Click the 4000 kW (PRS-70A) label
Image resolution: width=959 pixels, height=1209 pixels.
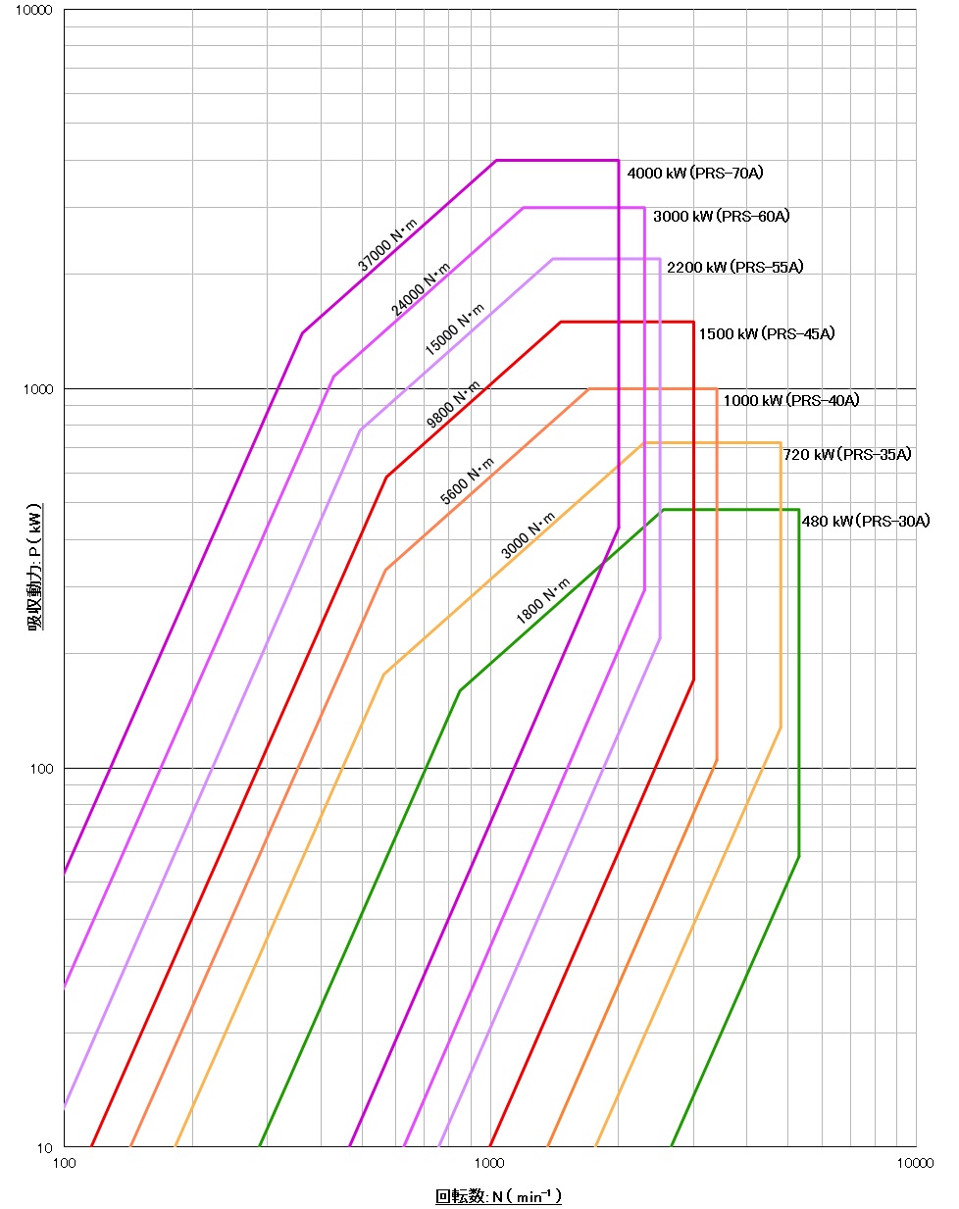694,174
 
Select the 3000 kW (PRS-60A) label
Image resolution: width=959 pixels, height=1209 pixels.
721,216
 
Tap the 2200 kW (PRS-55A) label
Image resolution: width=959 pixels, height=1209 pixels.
734,268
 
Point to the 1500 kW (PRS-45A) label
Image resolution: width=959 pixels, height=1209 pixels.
767,334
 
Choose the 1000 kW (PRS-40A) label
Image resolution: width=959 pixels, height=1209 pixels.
791,400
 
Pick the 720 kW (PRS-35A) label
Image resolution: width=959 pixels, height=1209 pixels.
847,454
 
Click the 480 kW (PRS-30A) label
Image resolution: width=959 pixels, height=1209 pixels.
866,522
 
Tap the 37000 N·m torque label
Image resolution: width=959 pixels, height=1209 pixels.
386,245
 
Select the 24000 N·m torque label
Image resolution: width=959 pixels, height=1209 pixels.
421,289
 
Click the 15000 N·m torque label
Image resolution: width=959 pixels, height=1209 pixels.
454,329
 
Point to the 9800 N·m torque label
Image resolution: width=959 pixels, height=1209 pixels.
453,405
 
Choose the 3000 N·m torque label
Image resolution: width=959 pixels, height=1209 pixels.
528,535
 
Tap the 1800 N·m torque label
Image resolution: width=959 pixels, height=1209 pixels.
542,601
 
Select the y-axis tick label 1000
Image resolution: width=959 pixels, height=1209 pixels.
37,389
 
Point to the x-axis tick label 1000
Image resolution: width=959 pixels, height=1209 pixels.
489,1163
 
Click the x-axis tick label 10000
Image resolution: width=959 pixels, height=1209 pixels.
914,1163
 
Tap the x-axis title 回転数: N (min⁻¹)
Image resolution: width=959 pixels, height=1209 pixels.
498,1196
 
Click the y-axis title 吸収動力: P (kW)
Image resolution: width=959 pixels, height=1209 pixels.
35,569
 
